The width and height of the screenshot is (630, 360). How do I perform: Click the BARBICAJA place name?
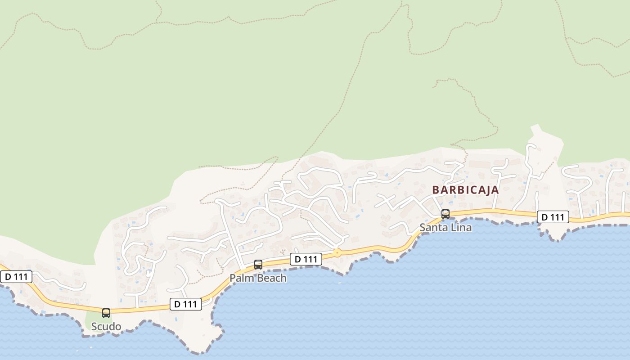tap(465, 190)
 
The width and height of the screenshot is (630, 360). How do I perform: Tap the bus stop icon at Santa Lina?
tap(445, 214)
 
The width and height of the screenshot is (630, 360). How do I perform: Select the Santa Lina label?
tap(445, 227)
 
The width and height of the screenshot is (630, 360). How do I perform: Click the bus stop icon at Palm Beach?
tap(258, 265)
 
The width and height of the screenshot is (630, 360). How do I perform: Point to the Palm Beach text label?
tap(258, 278)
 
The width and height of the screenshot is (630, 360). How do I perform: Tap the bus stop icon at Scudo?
tap(106, 313)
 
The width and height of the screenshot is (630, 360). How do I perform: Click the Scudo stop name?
tap(106, 326)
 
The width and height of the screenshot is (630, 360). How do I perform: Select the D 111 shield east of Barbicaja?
tap(553, 217)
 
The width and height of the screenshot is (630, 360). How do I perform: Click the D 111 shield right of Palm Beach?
tap(306, 259)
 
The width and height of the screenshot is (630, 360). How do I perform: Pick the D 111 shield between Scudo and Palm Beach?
tap(185, 304)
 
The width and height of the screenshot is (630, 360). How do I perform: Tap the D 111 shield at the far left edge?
tap(16, 277)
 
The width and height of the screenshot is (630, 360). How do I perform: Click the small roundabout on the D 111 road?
tap(337, 253)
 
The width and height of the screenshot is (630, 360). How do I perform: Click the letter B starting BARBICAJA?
tap(435, 190)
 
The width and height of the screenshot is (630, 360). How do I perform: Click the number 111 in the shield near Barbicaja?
tap(557, 217)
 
